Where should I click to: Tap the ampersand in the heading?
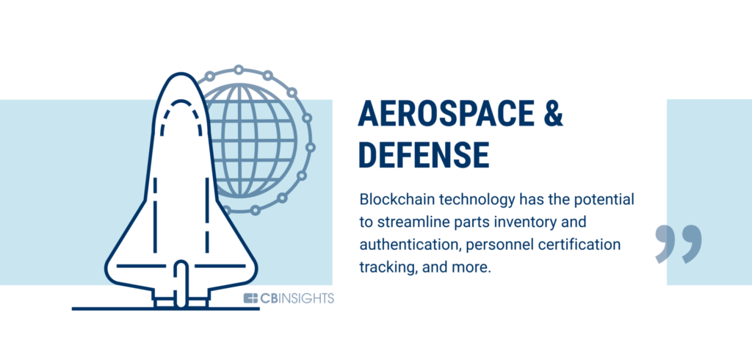[554, 115]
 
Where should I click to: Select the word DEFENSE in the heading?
[424, 155]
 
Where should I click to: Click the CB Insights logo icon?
[250, 298]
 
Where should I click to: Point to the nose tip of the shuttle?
[181, 74]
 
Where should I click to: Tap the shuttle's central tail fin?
[181, 283]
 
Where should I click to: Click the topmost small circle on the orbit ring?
[239, 70]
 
